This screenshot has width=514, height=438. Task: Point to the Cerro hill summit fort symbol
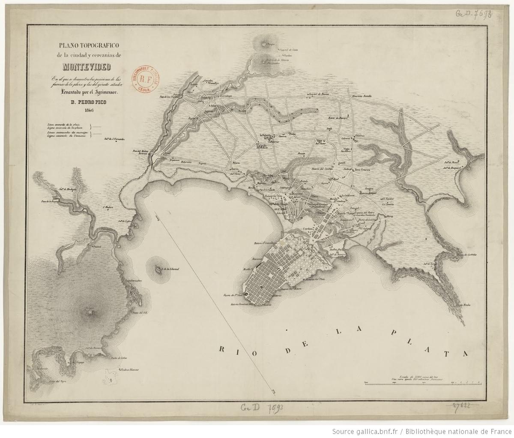coord(89,312)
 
